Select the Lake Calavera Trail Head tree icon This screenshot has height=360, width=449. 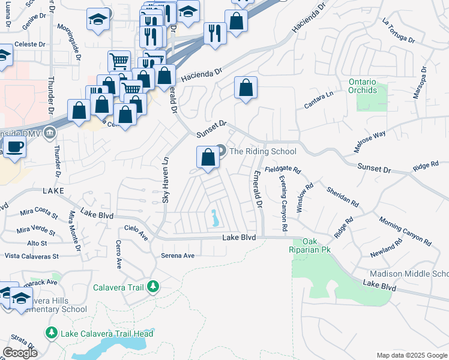[52, 333]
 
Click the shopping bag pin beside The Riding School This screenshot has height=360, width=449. [208, 158]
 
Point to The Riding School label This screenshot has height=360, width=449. [263, 151]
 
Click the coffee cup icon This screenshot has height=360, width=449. [14, 146]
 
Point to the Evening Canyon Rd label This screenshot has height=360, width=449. [283, 204]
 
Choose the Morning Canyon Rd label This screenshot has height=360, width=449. [405, 231]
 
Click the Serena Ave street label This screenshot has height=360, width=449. [178, 256]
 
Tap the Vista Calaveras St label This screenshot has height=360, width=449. [31, 256]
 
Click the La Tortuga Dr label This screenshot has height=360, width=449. [398, 31]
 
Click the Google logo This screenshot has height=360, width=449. [20, 352]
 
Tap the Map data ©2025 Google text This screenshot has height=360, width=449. [412, 355]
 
